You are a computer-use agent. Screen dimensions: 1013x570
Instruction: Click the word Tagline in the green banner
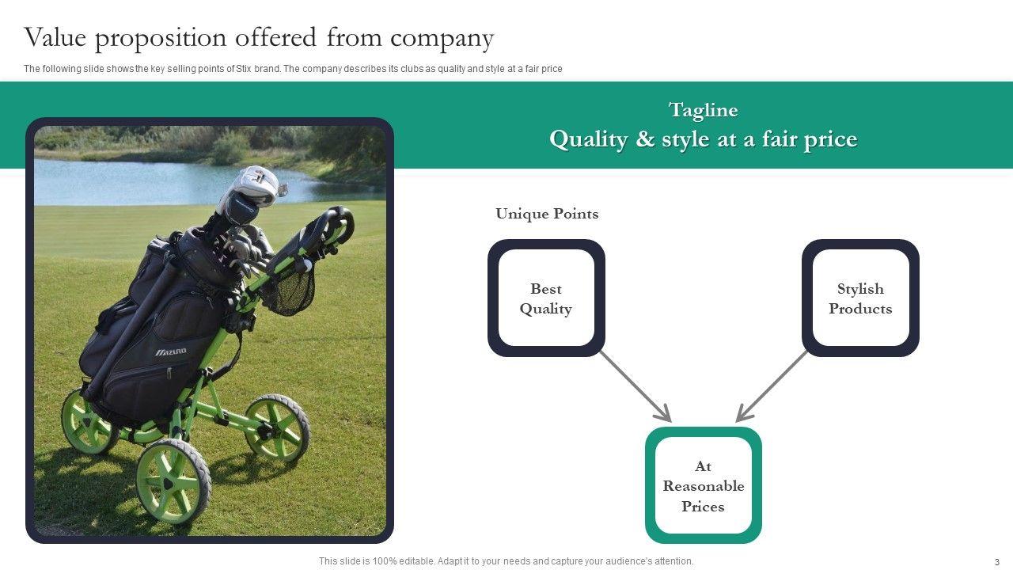tap(703, 110)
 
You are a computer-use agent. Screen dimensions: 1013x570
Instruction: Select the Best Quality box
tap(546, 298)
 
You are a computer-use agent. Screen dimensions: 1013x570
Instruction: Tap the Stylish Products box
tap(860, 298)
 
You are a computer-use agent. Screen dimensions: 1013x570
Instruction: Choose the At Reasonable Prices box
tap(703, 486)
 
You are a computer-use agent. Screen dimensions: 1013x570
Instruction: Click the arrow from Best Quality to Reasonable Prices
tap(635, 386)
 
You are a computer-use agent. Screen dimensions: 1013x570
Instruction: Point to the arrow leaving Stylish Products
tap(772, 386)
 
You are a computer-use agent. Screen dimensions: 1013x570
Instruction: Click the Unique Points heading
tap(547, 214)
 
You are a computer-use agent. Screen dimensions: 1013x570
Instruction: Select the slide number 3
tap(996, 562)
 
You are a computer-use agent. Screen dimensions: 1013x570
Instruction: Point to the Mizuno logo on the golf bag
tap(171, 351)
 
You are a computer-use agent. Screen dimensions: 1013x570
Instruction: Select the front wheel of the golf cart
tap(173, 481)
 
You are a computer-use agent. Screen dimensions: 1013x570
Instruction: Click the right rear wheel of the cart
tap(276, 427)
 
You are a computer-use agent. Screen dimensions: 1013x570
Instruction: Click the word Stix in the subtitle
tap(244, 69)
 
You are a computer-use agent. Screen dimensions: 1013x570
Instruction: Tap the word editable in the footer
tap(415, 561)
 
